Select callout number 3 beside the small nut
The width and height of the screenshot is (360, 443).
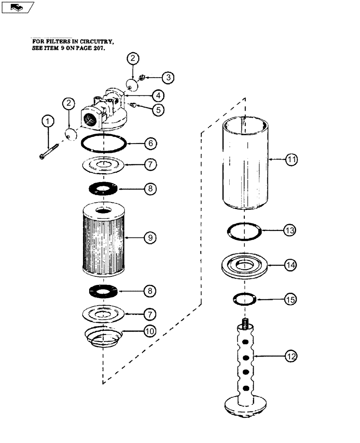(x=168, y=78)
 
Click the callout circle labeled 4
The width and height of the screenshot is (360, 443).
(x=157, y=95)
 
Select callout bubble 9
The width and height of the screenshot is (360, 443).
(x=150, y=238)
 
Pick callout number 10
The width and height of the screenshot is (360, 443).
(x=150, y=330)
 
